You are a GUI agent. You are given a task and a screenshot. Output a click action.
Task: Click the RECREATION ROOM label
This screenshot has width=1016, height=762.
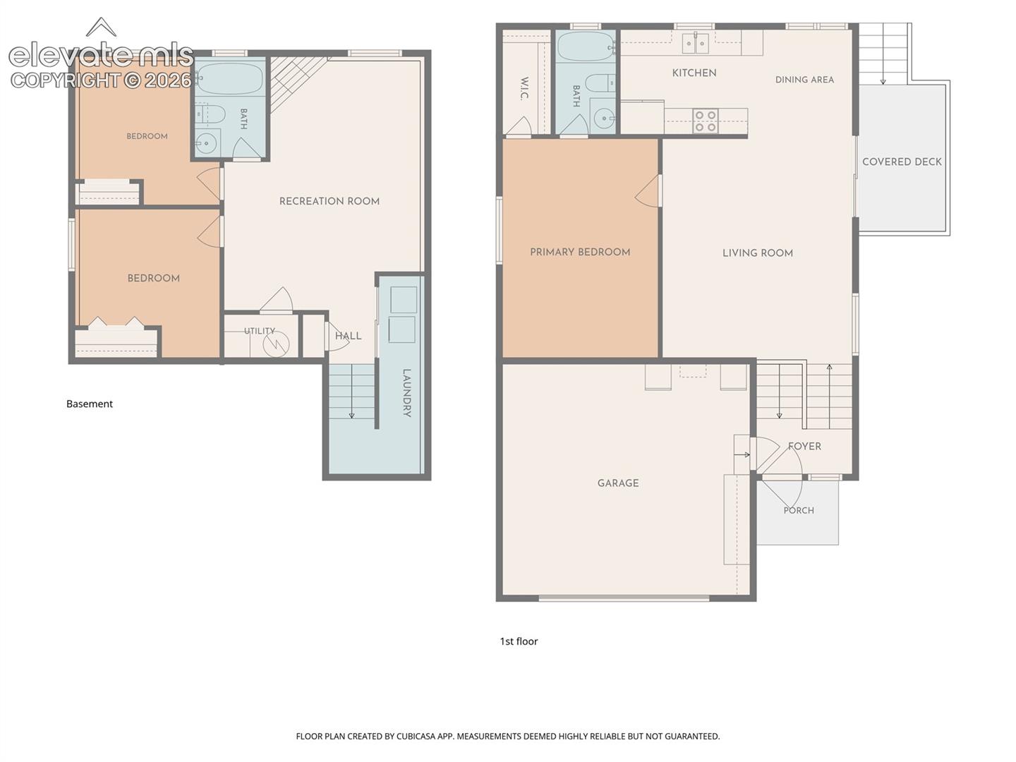click(329, 201)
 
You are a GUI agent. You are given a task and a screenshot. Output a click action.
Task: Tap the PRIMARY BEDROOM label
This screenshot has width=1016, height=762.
click(580, 252)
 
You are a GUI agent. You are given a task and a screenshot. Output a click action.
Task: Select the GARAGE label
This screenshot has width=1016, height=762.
click(618, 483)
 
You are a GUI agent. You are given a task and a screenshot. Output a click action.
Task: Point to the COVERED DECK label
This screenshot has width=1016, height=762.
click(902, 162)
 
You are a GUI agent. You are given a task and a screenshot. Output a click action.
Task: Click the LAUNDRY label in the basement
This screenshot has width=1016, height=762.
click(406, 393)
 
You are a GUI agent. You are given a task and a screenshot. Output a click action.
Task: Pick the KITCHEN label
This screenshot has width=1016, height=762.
click(694, 73)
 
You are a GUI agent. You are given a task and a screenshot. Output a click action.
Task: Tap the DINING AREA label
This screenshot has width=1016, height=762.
click(804, 80)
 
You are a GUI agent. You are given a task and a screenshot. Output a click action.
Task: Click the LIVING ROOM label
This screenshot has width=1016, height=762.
click(758, 253)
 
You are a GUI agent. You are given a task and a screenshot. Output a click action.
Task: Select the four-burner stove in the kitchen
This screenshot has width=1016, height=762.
click(706, 121)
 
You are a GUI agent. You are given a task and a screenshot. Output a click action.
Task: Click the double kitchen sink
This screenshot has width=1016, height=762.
click(696, 44)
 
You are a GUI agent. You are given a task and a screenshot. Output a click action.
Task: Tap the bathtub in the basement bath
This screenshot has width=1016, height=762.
click(230, 79)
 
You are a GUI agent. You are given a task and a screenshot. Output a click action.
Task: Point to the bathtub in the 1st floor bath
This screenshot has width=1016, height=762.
click(586, 47)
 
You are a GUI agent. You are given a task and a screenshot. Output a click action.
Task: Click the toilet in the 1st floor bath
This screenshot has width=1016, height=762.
click(600, 84)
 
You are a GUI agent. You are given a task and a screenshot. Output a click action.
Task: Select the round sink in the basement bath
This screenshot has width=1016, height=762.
click(206, 143)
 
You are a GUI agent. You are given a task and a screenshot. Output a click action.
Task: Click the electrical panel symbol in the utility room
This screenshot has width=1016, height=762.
click(277, 344)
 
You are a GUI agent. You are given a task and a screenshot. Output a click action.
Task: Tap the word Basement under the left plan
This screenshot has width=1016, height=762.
click(90, 404)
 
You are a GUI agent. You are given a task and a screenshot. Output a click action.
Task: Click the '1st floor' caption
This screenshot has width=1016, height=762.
click(519, 641)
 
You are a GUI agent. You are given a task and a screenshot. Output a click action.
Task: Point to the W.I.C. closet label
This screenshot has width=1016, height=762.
click(524, 88)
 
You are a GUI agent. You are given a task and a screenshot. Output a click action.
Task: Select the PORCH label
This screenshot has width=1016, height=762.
click(799, 510)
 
